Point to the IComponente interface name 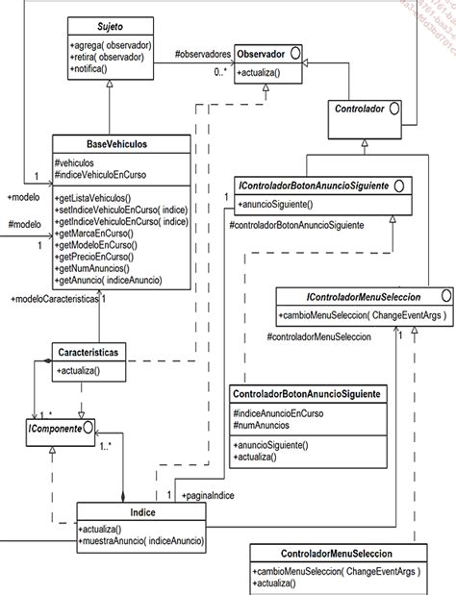click(52, 426)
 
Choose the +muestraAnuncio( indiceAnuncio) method click(140, 542)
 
